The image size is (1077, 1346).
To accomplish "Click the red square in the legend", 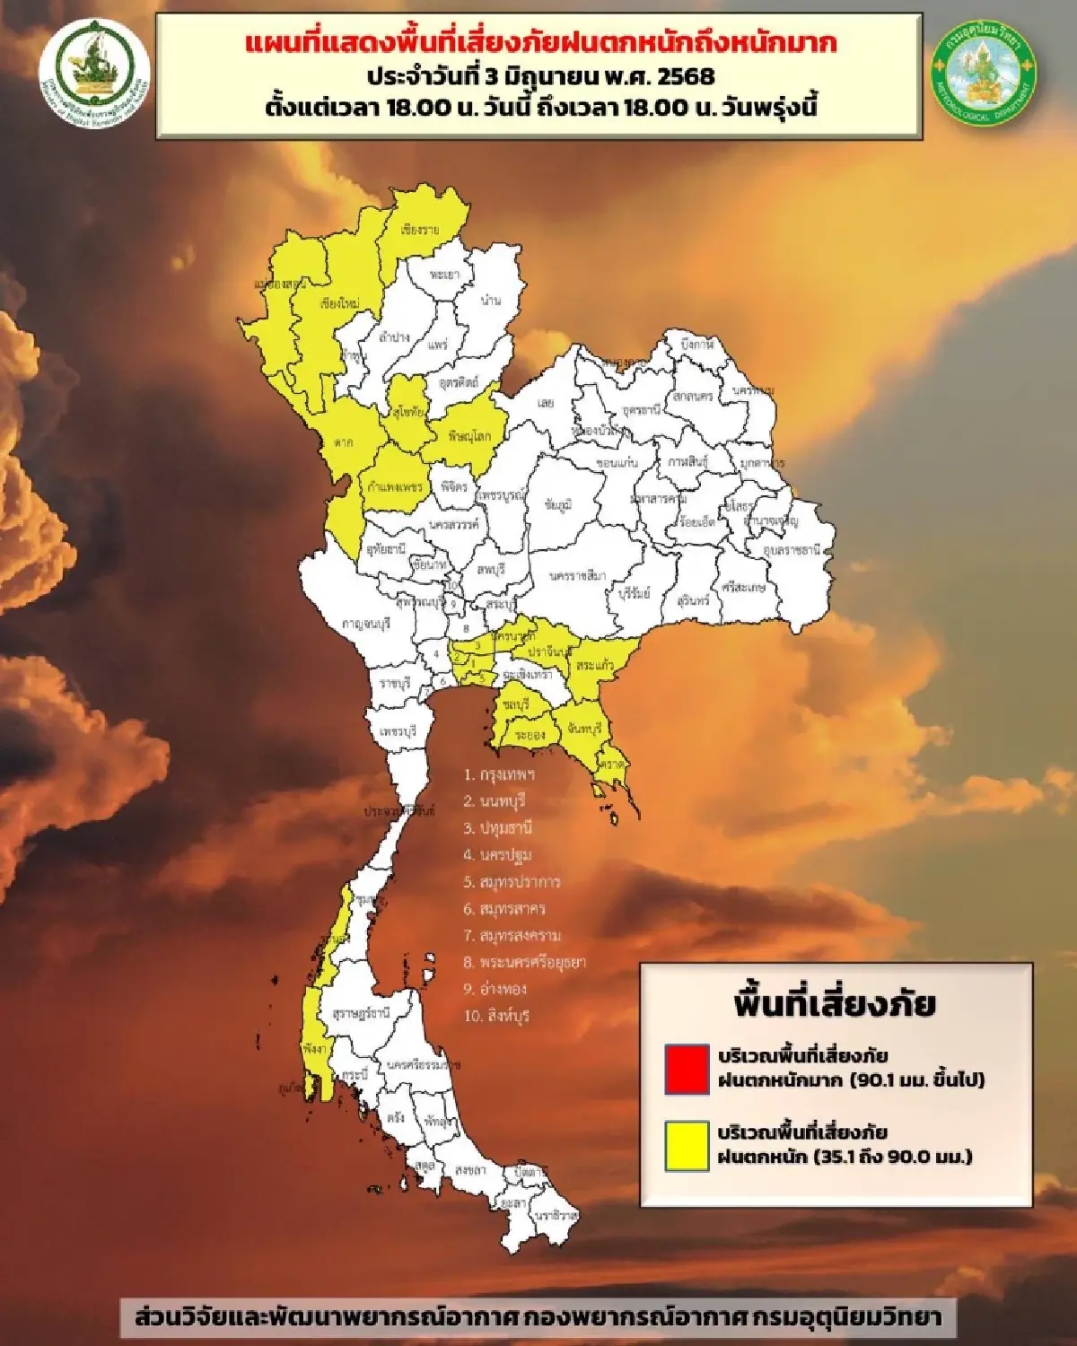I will pyautogui.click(x=687, y=1068).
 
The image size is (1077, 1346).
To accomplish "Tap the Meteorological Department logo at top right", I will pyautogui.click(x=984, y=76).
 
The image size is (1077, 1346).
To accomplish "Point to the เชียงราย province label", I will pyautogui.click(x=420, y=231).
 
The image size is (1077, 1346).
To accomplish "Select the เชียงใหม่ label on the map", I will pyautogui.click(x=339, y=303).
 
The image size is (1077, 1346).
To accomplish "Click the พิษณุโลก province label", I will pyautogui.click(x=469, y=436).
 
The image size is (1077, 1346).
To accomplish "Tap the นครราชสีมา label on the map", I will pyautogui.click(x=577, y=575).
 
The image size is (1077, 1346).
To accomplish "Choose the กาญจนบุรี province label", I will pyautogui.click(x=366, y=624).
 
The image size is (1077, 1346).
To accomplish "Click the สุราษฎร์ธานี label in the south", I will pyautogui.click(x=362, y=1013).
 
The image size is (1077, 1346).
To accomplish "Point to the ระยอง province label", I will pyautogui.click(x=530, y=735).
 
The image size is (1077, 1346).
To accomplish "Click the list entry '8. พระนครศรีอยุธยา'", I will pyautogui.click(x=524, y=963).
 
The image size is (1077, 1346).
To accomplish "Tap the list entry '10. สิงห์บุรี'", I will pyautogui.click(x=496, y=1016).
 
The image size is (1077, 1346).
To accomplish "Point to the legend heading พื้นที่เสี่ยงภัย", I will pyautogui.click(x=834, y=1004).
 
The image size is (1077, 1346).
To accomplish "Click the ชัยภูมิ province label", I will pyautogui.click(x=557, y=505).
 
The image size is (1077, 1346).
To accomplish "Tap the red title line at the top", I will pyautogui.click(x=540, y=43).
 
